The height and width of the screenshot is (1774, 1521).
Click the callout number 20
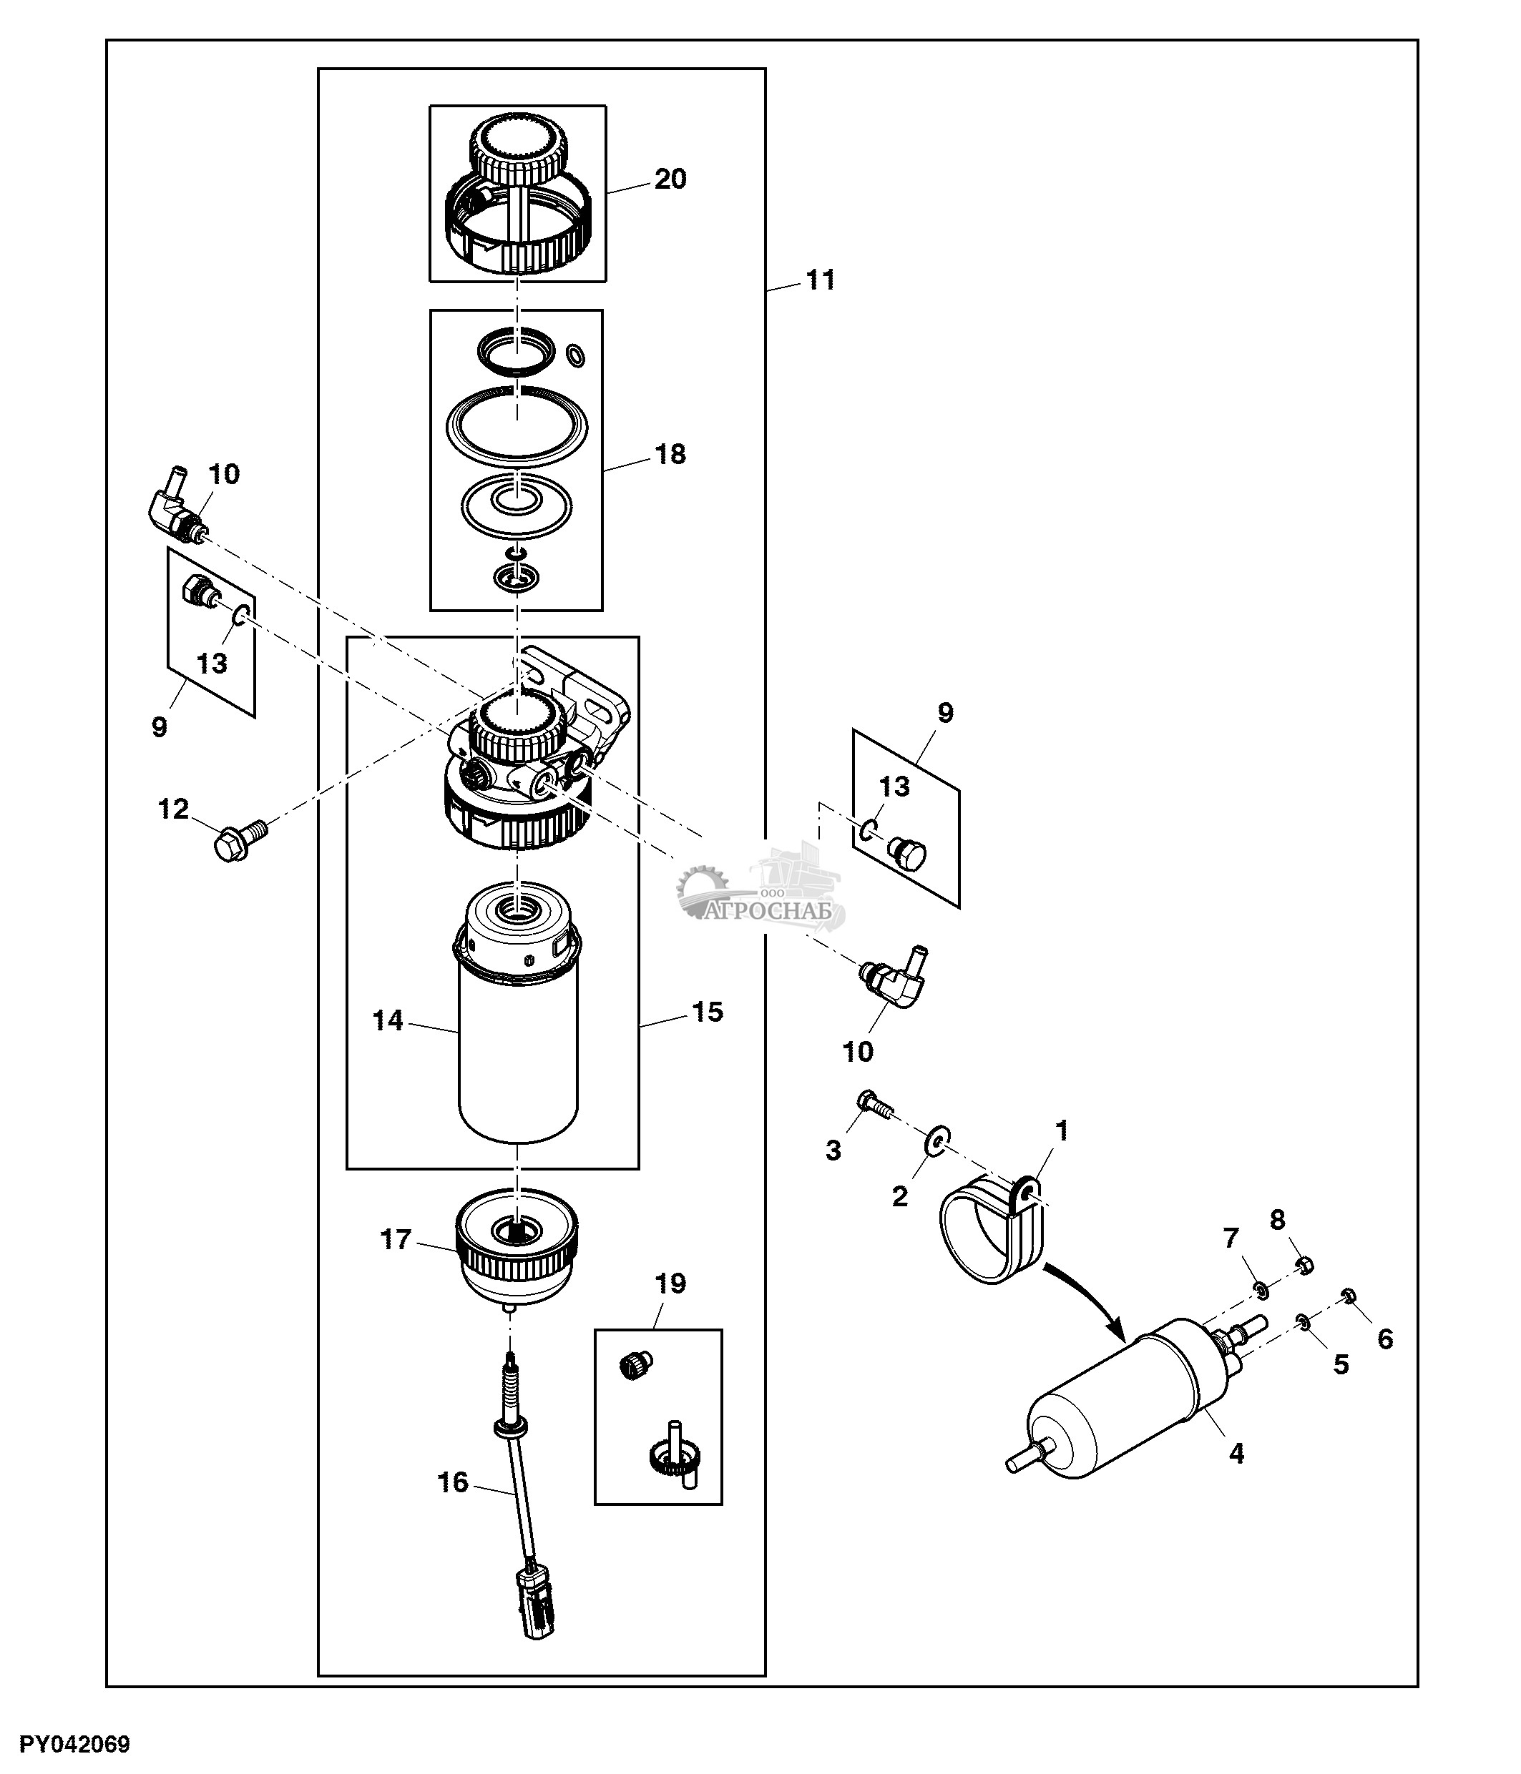[x=670, y=179]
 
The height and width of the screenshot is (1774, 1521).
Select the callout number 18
[x=670, y=454]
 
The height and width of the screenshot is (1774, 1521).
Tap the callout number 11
[x=821, y=280]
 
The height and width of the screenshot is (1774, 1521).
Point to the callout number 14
[x=388, y=1020]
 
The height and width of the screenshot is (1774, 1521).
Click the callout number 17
[x=396, y=1240]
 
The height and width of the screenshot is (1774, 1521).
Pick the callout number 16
[x=453, y=1482]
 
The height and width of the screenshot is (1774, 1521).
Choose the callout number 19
[x=670, y=1283]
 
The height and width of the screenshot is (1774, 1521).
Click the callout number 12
[x=173, y=809]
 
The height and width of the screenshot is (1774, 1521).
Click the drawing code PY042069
[x=74, y=1744]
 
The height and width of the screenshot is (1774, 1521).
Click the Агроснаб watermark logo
[x=761, y=895]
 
